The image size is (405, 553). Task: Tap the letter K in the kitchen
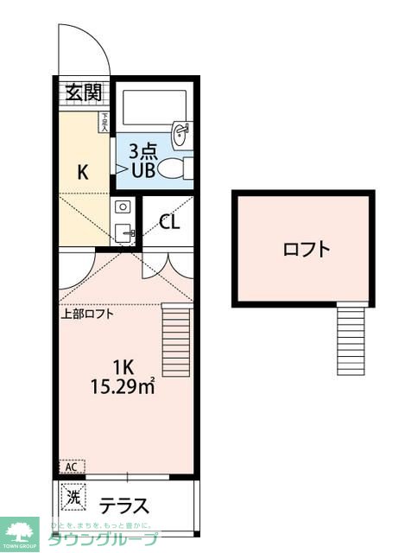pos(83,172)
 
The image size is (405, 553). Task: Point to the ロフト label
pos(307,250)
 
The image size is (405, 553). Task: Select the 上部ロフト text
pos(87,314)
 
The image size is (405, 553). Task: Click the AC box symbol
pos(71,467)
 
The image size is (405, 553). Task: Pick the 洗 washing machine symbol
pos(74,499)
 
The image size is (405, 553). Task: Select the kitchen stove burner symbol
pos(122,207)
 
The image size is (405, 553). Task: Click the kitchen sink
pos(123,232)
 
